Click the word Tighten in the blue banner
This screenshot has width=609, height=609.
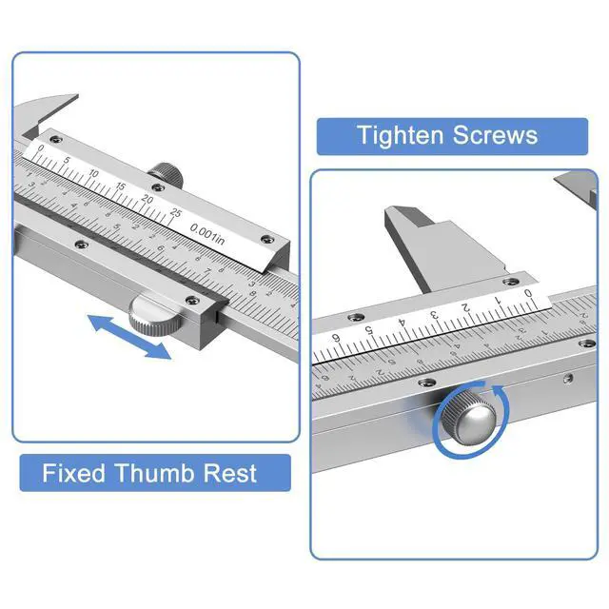point(401,135)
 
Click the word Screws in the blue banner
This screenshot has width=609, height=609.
point(493,135)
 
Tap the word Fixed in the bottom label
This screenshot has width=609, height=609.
point(72,473)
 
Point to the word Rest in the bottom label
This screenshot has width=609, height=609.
point(228,473)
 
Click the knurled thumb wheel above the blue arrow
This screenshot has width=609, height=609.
point(157,313)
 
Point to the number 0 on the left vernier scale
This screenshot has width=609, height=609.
point(40,148)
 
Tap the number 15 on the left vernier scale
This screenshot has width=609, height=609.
point(120,187)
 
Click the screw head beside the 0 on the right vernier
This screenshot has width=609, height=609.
point(517,283)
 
